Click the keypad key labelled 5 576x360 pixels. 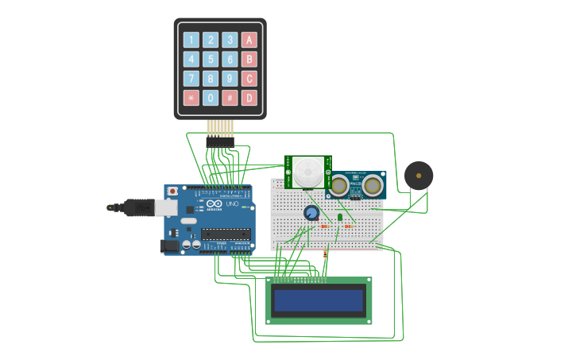211,59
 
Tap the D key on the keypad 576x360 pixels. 249,98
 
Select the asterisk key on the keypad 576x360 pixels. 191,98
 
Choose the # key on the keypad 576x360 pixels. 230,98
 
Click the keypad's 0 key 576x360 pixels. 211,98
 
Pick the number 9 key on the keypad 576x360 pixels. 230,78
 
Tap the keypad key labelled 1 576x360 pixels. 191,40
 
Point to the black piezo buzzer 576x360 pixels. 419,176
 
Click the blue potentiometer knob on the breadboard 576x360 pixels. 311,212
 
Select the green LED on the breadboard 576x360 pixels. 340,216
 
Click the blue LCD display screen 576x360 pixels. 319,300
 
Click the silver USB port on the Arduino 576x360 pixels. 166,207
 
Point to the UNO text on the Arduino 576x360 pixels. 233,204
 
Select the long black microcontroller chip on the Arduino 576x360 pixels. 226,234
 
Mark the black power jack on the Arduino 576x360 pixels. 170,246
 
